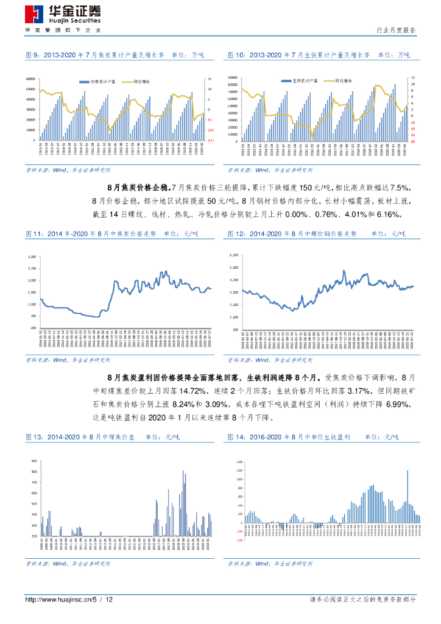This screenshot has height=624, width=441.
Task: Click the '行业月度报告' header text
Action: [397, 30]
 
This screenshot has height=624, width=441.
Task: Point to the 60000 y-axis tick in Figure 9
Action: [30, 79]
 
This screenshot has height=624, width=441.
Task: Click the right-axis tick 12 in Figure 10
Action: [413, 77]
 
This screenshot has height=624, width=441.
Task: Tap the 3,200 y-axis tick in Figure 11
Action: [32, 257]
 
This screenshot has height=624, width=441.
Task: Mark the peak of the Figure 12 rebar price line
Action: [344, 271]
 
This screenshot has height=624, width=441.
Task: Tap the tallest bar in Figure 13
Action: [183, 470]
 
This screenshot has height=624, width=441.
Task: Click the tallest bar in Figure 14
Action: [407, 470]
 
